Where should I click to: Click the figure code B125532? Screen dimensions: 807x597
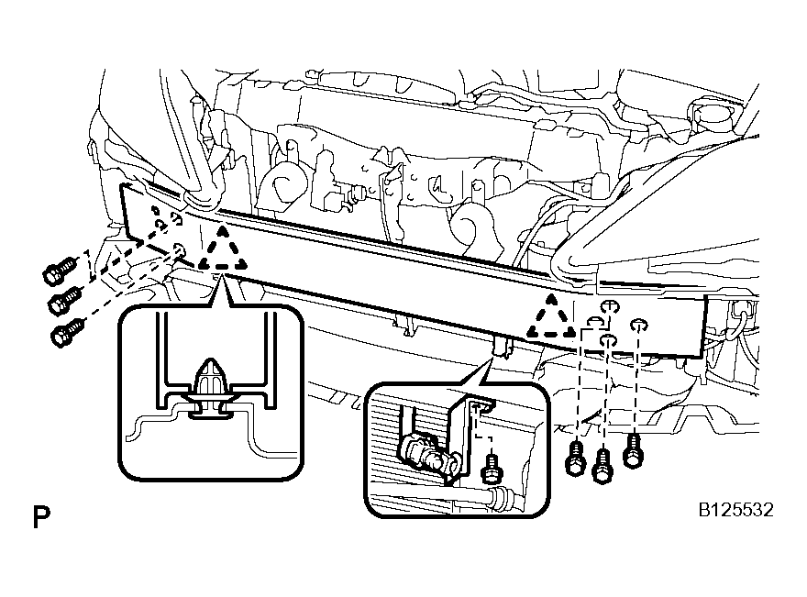point(735,510)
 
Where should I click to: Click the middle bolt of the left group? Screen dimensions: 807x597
point(64,301)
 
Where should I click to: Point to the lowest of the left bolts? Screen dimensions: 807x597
point(68,332)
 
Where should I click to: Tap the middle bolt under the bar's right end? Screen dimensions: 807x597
point(602,466)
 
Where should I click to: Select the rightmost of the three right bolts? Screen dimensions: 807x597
point(633,450)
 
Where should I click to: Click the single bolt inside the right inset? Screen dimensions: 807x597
point(491,467)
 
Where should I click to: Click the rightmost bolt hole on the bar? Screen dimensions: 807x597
point(638,325)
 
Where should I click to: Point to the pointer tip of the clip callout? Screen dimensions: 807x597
point(222,276)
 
